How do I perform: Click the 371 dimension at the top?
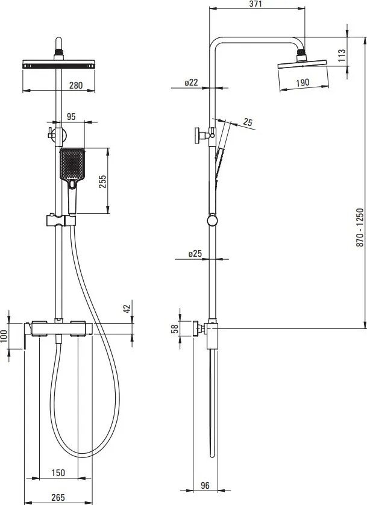[256, 4]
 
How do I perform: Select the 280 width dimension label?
[76, 86]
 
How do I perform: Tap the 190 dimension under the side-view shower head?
[303, 83]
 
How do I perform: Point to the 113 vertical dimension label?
[342, 55]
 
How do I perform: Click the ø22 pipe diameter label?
[191, 83]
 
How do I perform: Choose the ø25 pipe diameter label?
[195, 254]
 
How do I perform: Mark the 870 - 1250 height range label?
[360, 227]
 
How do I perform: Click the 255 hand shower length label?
[102, 181]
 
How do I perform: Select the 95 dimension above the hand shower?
[71, 116]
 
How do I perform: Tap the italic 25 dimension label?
[248, 122]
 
